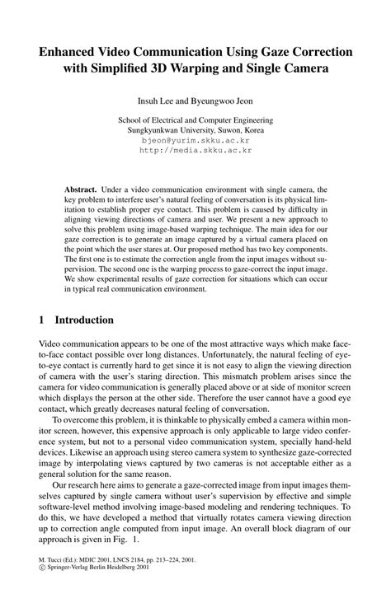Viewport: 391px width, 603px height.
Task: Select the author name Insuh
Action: tap(150, 102)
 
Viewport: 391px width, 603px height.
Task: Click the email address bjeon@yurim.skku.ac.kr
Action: tap(195, 141)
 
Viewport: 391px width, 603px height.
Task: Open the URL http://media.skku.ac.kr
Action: tap(195, 151)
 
